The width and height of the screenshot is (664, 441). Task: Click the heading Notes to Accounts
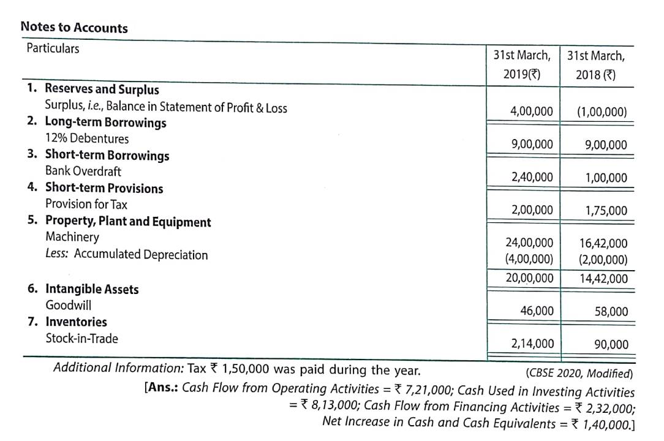pyautogui.click(x=74, y=28)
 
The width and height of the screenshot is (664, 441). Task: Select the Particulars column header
pyautogui.click(x=53, y=48)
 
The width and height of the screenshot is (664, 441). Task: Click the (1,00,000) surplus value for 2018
pyautogui.click(x=602, y=112)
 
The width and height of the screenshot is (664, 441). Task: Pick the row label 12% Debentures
pyautogui.click(x=87, y=138)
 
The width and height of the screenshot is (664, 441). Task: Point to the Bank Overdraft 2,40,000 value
pyautogui.click(x=532, y=177)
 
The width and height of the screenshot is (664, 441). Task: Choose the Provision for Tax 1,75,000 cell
pyautogui.click(x=606, y=211)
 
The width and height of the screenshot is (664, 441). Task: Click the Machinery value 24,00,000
pyautogui.click(x=529, y=243)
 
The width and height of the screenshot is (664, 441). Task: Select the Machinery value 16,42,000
pyautogui.click(x=603, y=243)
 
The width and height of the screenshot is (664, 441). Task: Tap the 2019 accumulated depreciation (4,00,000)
pyautogui.click(x=529, y=258)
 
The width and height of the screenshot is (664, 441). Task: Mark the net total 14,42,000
pyautogui.click(x=603, y=279)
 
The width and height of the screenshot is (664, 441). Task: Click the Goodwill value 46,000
pyautogui.click(x=537, y=311)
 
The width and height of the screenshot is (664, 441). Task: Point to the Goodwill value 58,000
pyautogui.click(x=611, y=311)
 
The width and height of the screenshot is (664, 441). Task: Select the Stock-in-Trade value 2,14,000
pyautogui.click(x=532, y=344)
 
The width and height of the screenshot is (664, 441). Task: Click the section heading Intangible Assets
pyautogui.click(x=92, y=289)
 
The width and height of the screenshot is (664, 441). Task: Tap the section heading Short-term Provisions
pyautogui.click(x=104, y=188)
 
